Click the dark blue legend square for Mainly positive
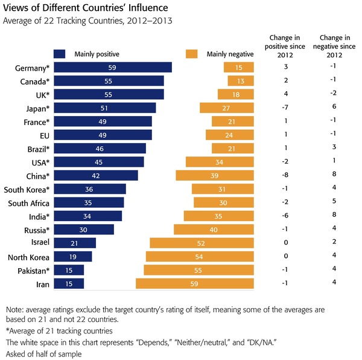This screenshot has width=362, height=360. (59, 53)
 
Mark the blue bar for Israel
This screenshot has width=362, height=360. (75, 243)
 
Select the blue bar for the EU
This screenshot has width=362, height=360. (103, 135)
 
